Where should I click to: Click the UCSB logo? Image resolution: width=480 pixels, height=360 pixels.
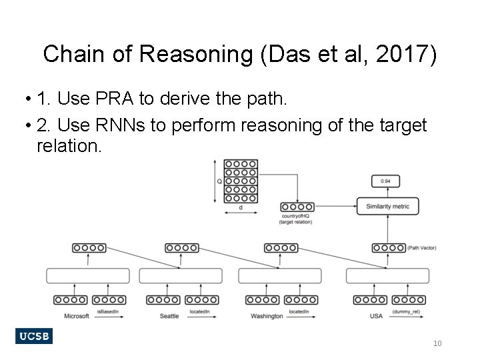34,336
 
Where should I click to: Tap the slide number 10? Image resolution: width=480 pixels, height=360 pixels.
437,343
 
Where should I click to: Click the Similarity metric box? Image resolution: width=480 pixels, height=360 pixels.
387,206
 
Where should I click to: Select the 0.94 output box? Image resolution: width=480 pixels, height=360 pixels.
385,181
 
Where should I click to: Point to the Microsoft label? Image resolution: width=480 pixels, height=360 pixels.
77,315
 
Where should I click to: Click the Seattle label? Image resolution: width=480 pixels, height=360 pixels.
169,315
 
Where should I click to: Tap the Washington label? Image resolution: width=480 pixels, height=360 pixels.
267,315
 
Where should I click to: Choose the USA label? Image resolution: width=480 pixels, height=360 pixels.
376,315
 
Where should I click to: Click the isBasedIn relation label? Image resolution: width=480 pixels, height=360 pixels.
107,311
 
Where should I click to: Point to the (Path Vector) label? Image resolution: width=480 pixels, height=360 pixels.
422,248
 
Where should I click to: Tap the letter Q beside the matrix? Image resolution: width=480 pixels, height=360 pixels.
219,181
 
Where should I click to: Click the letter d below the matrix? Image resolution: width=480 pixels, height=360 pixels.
240,207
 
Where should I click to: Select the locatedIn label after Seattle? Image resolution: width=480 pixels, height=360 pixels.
201,311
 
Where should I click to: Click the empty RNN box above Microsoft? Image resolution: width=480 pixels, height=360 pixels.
87,275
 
